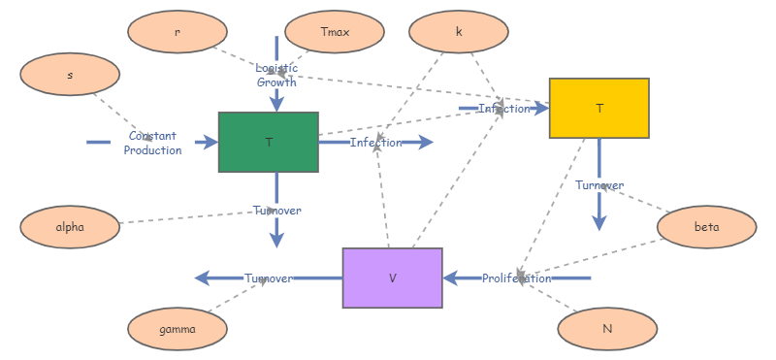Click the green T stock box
click(x=269, y=143)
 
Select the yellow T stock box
click(x=598, y=109)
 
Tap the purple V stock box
click(x=392, y=278)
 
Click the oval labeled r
click(x=177, y=32)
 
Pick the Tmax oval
click(x=335, y=32)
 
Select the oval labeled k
click(x=459, y=32)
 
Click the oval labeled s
click(x=70, y=75)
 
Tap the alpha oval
click(x=70, y=227)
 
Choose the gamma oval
click(x=178, y=329)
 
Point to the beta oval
click(x=706, y=227)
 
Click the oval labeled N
click(x=607, y=329)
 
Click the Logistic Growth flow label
click(x=276, y=75)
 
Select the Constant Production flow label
click(x=152, y=143)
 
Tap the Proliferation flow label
click(x=517, y=278)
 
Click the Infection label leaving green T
click(x=375, y=143)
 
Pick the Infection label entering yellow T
click(x=504, y=109)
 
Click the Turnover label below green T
click(x=276, y=211)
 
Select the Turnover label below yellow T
click(x=598, y=185)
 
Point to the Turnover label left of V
click(x=269, y=278)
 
